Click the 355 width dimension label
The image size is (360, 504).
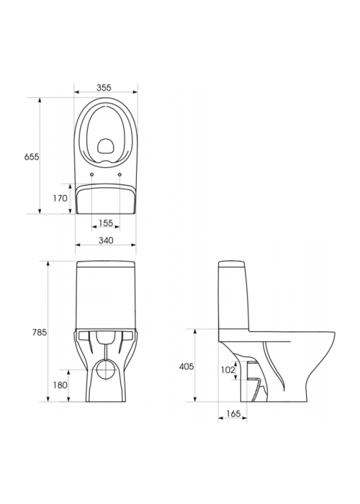[104, 87]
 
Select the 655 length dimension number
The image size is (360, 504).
[32, 157]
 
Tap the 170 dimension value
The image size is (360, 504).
[60, 198]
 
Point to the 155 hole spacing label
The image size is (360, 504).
[106, 222]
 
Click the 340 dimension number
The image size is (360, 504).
[106, 240]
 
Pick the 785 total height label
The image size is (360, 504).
[39, 333]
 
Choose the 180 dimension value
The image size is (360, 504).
[60, 384]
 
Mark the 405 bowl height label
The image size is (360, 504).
[186, 366]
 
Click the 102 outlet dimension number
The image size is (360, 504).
[228, 370]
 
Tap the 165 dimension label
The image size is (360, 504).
[233, 414]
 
